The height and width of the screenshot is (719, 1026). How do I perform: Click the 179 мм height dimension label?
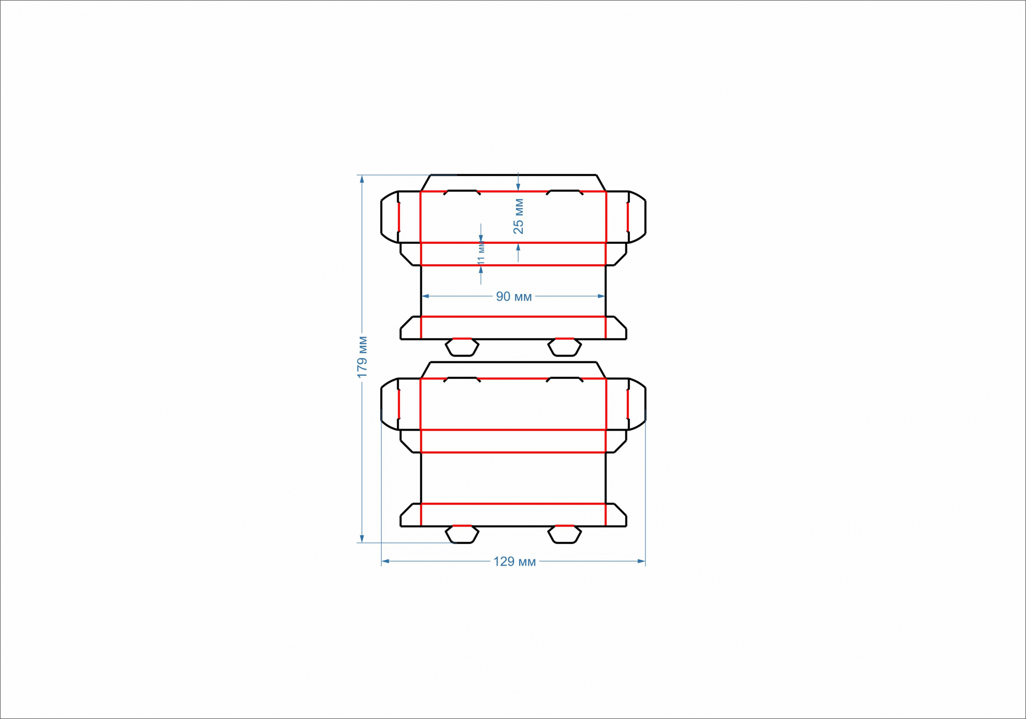(x=362, y=357)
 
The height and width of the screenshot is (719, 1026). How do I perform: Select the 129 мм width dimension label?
(x=515, y=561)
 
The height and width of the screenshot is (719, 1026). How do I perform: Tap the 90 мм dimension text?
(x=514, y=297)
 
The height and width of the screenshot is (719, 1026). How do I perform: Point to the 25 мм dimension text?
(x=518, y=216)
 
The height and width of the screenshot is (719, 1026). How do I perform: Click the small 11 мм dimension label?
(x=481, y=254)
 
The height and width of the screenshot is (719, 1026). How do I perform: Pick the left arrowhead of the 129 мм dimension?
(x=385, y=561)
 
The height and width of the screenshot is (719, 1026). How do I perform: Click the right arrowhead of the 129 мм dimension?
(x=641, y=561)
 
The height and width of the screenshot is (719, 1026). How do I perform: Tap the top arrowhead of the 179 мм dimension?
(x=362, y=179)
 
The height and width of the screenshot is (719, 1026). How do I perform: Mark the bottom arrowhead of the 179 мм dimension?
(x=362, y=538)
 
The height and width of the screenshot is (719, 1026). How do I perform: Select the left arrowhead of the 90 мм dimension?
(x=425, y=296)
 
